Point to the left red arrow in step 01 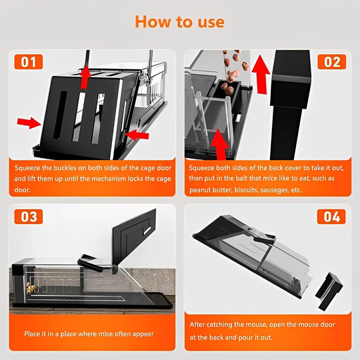click(x=29, y=123)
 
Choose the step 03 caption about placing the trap click(x=89, y=333)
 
